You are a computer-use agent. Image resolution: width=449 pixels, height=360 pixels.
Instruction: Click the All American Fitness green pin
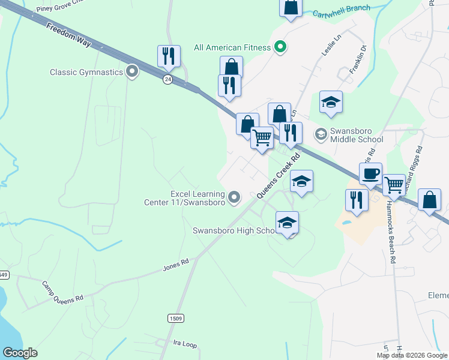[280, 47]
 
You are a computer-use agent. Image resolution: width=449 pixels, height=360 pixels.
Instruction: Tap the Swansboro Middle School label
[357, 136]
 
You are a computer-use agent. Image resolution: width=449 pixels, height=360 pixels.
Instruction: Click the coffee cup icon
[370, 174]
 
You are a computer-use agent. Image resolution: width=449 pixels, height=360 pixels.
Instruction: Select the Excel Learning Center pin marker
[234, 197]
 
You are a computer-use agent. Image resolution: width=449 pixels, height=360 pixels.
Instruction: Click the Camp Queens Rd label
[62, 290]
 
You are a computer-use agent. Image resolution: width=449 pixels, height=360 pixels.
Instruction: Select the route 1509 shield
[175, 319]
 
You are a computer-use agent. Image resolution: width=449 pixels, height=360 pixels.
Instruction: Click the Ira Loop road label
[185, 344]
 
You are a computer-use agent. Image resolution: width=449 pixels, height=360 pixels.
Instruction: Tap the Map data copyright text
[411, 355]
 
